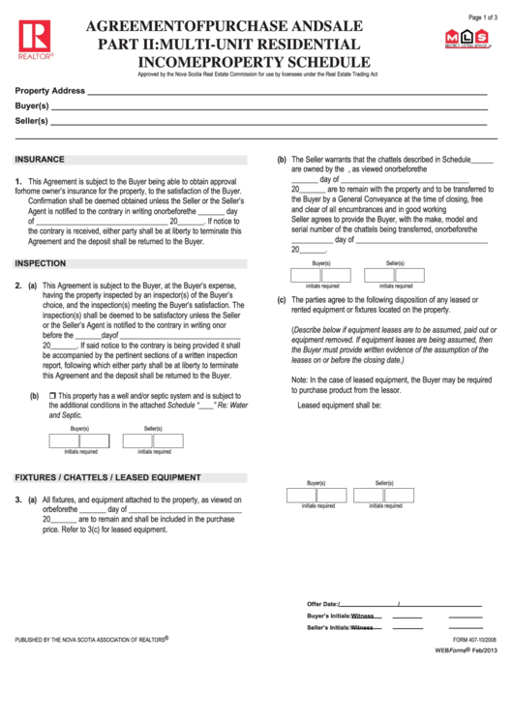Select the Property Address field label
point(50,89)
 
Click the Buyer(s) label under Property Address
point(32,105)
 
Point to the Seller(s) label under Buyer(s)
point(32,121)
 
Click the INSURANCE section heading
point(40,159)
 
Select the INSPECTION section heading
point(41,263)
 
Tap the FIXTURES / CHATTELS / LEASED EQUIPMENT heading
point(107,477)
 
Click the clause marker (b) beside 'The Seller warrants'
point(282,159)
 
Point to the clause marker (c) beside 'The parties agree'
point(282,300)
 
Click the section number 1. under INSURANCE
point(18,181)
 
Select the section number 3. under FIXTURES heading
point(18,499)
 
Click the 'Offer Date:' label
point(322,603)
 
